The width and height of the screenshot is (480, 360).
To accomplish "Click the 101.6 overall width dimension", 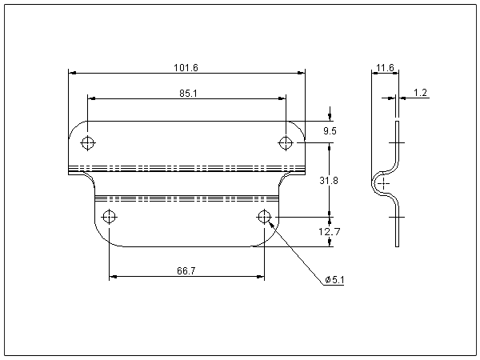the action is tap(186, 68).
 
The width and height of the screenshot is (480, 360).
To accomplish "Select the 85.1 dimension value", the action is tap(188, 93).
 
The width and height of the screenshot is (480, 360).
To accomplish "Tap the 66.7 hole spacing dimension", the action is tap(186, 270).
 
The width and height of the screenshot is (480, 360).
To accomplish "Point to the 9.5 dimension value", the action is tap(330, 131).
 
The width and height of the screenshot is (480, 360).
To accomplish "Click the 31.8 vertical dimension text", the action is tap(329, 181).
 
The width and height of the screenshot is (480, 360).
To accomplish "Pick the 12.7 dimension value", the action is tap(329, 232).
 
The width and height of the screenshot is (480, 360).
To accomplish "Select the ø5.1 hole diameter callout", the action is tap(334, 280).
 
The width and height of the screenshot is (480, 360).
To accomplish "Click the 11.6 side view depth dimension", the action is tap(385, 68).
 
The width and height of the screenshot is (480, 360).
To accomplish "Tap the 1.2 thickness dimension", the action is tap(420, 93).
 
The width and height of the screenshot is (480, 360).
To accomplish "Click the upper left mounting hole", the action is tap(88, 142).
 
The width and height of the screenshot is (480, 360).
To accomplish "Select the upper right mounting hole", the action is tap(286, 142).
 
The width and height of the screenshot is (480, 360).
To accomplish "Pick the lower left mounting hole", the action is tap(110, 217).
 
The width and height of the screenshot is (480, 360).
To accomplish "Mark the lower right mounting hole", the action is tap(264, 217).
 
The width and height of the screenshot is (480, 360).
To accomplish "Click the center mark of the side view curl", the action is tap(383, 184).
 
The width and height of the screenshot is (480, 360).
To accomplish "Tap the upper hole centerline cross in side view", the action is tap(397, 142).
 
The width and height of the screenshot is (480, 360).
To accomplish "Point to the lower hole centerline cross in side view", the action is tap(397, 217).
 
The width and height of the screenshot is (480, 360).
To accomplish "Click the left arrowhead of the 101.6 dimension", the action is tap(72, 73).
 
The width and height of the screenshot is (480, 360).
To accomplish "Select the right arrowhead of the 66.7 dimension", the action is tap(260, 277).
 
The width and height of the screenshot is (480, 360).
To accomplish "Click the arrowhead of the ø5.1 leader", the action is tap(271, 224).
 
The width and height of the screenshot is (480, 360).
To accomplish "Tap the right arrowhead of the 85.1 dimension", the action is tap(282, 98).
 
